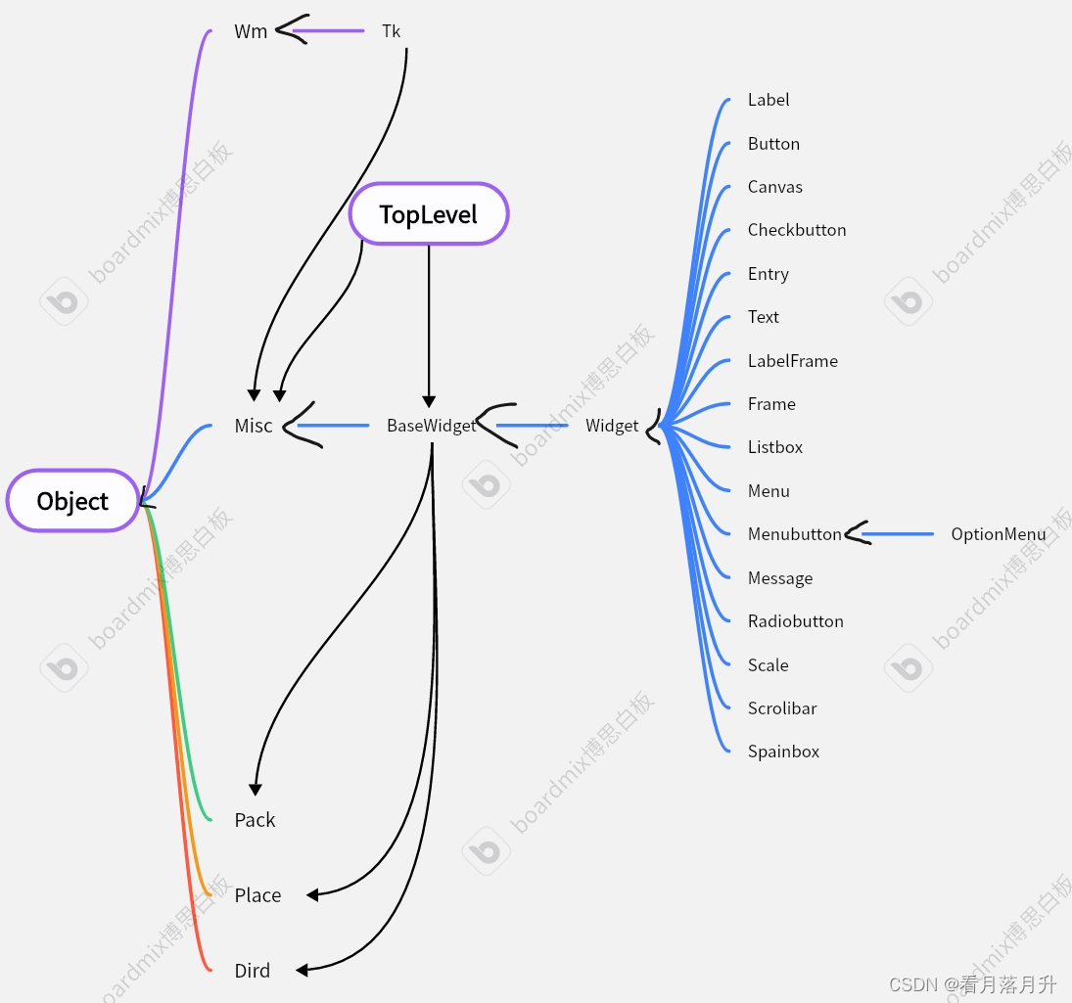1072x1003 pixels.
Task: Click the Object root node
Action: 72,501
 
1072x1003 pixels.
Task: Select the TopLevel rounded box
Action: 429,213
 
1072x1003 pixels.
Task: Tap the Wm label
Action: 251,31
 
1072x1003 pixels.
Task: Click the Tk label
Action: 392,31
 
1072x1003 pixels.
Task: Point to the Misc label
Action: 254,426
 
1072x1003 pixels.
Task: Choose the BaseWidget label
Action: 431,426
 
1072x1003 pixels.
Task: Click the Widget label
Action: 612,426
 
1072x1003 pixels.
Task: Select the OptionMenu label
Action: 998,534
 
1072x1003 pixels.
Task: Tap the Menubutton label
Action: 794,534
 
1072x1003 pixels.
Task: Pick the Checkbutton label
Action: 797,230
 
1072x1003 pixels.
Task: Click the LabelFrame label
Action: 792,361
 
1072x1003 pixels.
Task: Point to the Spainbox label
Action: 783,752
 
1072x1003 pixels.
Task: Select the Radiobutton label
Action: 795,621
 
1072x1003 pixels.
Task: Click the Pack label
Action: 255,820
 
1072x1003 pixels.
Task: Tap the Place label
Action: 257,895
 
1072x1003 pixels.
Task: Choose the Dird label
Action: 252,971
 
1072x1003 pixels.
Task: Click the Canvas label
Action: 774,187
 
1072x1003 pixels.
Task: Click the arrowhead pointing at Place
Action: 312,894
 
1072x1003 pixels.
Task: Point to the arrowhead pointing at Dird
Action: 302,970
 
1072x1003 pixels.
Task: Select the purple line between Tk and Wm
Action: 328,31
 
